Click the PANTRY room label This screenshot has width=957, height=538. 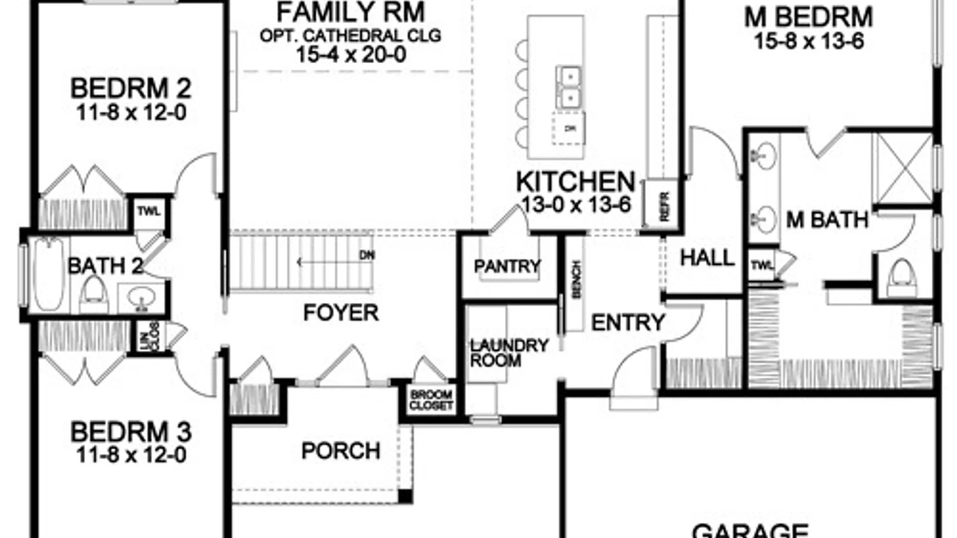[x=507, y=267]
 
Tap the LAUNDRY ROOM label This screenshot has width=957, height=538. [x=508, y=353]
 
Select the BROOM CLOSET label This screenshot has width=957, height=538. [x=431, y=400]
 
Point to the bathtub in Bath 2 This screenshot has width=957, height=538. [x=48, y=273]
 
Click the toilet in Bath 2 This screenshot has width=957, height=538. [x=94, y=294]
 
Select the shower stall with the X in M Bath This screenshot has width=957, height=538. [x=903, y=168]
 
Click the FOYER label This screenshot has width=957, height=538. [x=341, y=313]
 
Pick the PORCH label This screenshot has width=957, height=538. [x=341, y=451]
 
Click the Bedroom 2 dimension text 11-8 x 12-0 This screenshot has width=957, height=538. [x=131, y=113]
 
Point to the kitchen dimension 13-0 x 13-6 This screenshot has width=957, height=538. [x=576, y=204]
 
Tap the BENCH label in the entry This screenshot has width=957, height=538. [x=577, y=279]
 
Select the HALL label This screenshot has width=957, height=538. [x=707, y=258]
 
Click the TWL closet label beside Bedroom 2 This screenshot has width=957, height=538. [x=149, y=211]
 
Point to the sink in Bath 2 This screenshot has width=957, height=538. [x=140, y=299]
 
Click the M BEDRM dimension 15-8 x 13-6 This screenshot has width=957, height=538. [x=808, y=41]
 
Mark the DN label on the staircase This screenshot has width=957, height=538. [x=367, y=255]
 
